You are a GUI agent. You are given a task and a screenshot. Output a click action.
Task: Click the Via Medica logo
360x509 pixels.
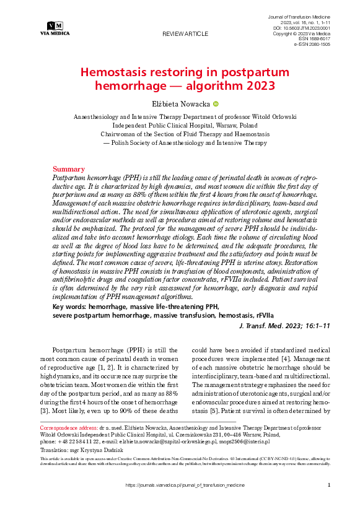coord(55,27)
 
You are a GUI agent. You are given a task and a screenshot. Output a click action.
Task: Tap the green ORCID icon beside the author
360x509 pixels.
coord(216,104)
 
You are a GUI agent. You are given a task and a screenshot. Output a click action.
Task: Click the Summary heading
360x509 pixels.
coord(68,168)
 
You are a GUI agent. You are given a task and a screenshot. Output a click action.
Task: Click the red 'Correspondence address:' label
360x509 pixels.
coord(68,428)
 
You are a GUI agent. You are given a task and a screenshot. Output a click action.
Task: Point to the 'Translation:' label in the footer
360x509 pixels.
coord(55,451)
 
